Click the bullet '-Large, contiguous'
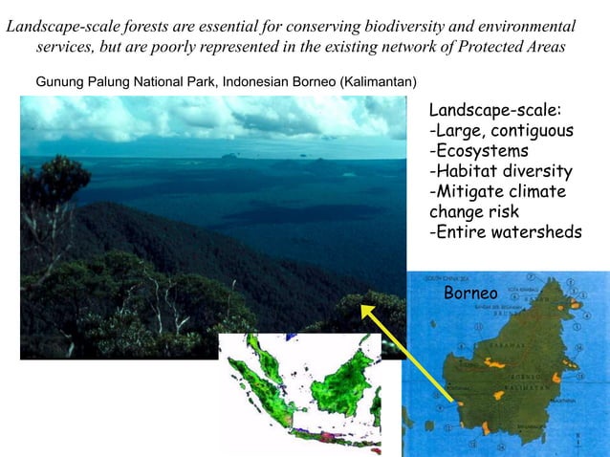click(501, 130)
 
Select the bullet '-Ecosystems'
click(479, 151)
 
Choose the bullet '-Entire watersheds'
click(505, 233)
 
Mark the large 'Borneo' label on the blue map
click(470, 293)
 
